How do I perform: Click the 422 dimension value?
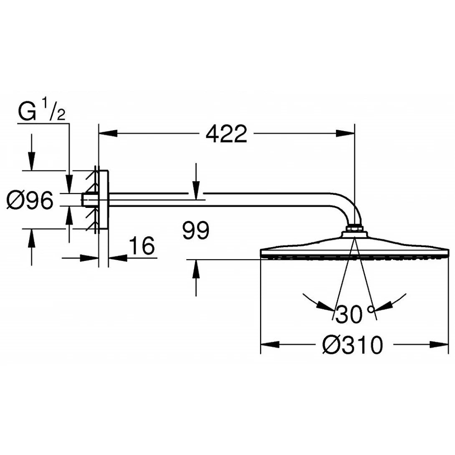tap(227, 134)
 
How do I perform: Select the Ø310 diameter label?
tap(352, 345)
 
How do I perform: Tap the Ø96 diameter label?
tap(30, 201)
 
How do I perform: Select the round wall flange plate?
tap(104, 200)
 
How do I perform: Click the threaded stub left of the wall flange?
tap(88, 200)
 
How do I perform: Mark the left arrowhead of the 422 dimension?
tap(107, 134)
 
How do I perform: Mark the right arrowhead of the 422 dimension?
tap(346, 134)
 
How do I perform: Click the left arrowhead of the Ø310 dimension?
tap(270, 345)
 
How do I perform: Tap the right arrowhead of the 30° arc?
tap(383, 307)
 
